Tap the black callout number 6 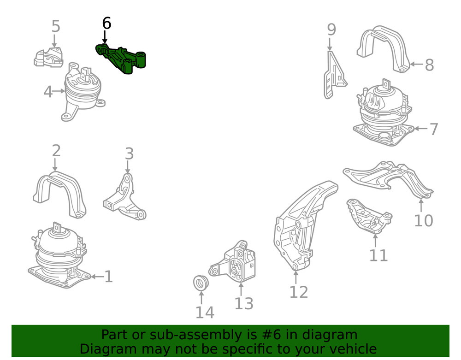(107, 24)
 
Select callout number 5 (56, 26)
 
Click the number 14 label (205, 313)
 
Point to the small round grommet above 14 (201, 282)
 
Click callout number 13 (244, 304)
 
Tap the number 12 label (299, 292)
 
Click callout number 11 (378, 255)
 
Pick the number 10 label (423, 221)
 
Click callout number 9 (331, 30)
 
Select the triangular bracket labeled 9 (335, 75)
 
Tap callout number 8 (429, 65)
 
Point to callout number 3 (130, 153)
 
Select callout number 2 (56, 150)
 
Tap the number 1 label (109, 277)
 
